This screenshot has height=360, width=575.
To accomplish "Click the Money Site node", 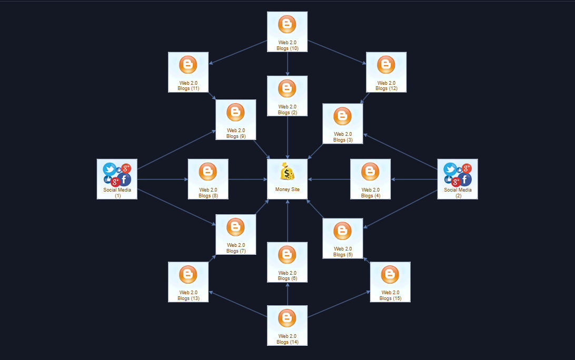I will pos(287,179).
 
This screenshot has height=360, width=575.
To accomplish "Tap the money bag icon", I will pos(287,172).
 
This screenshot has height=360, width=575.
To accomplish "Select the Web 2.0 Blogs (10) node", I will pos(287,32).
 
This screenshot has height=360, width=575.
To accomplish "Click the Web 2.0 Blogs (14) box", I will pos(287,325).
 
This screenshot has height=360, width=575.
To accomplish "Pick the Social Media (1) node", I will pos(117,179).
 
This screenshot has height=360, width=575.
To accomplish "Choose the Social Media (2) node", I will pos(458,179).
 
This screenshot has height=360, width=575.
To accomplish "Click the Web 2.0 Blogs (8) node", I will pos(208,179).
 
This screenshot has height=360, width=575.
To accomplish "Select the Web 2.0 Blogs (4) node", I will pos(370,179).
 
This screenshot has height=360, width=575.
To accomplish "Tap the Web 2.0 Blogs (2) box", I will pos(287,96).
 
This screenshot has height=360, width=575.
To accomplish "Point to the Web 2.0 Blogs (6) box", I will pos(287,262).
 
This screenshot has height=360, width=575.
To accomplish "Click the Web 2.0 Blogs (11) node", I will pos(188,72).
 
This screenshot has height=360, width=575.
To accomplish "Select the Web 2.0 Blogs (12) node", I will pos(386,72).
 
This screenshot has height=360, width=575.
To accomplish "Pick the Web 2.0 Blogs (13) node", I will pos(188,282).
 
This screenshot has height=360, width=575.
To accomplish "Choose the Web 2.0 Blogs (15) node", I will pos(390,282).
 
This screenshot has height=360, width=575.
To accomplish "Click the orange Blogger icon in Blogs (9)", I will pos(235,112).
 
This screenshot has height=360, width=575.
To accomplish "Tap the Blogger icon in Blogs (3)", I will pos(342,116).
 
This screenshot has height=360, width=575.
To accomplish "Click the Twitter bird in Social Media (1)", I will pos(110,169).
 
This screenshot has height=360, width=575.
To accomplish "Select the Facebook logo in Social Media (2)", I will pos(465,179).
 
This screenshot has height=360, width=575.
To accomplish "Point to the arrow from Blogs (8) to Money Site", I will pos(247,179).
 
